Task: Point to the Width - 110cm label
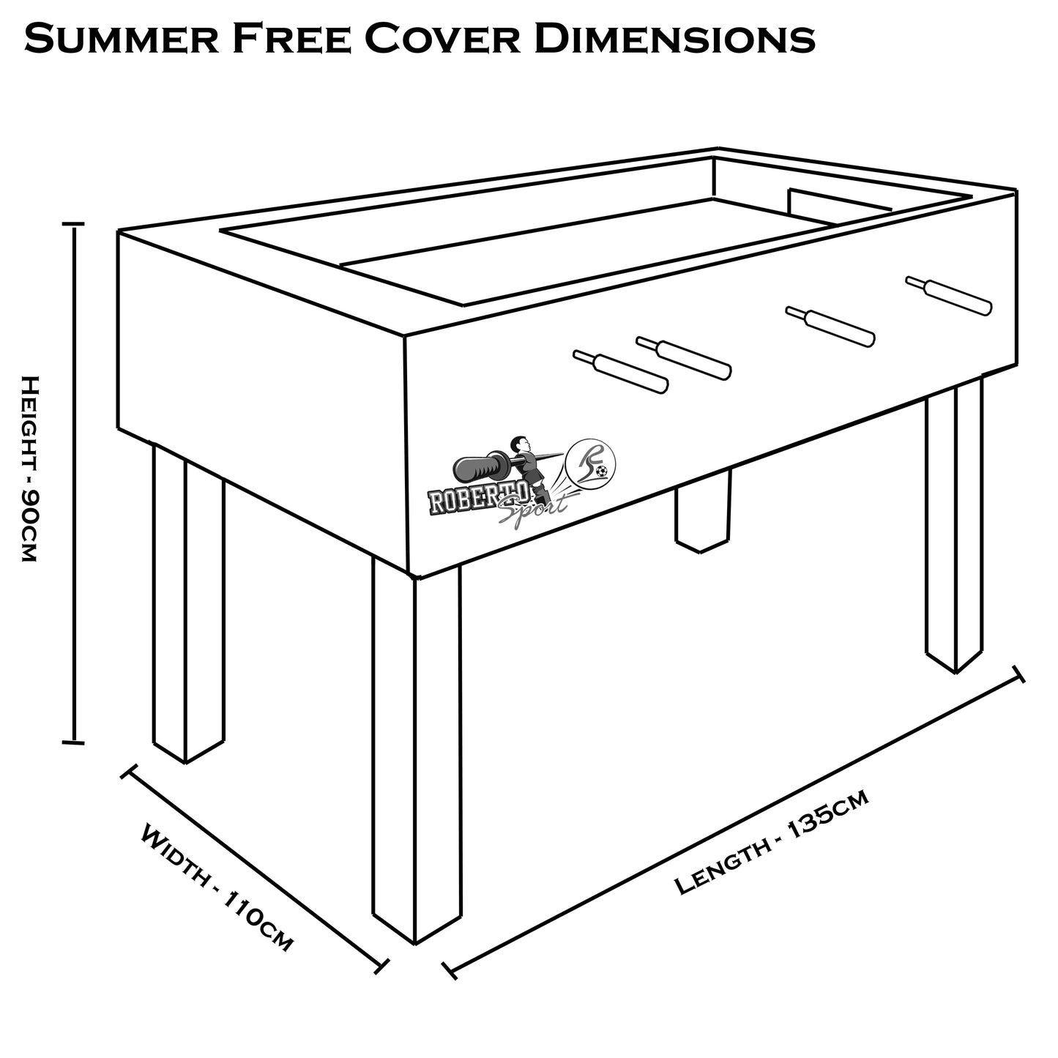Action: [x=217, y=887]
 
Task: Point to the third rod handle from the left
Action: [x=830, y=327]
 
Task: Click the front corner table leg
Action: [x=417, y=754]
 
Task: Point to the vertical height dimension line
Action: [x=73, y=483]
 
